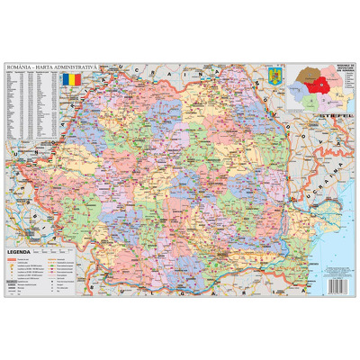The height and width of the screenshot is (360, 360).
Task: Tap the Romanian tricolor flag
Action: [x=73, y=81]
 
